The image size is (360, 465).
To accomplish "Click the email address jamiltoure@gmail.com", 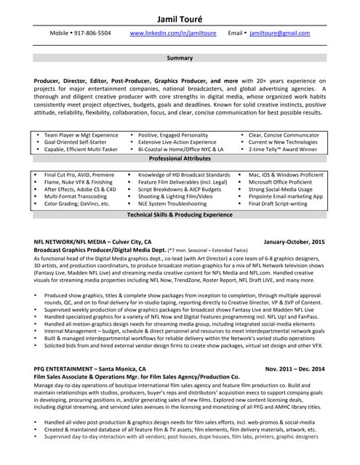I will point(279,33).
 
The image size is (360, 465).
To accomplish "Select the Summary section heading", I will point(180,57).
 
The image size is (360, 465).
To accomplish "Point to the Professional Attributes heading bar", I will point(180,158).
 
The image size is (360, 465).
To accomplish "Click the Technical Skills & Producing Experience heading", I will point(180,215).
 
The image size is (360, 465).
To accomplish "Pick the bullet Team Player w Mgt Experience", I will point(81,135).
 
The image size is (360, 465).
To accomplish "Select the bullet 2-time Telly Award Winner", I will point(283,149).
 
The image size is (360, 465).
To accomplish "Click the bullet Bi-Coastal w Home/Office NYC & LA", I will point(181,149).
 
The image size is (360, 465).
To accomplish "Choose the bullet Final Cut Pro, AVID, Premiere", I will point(79,175).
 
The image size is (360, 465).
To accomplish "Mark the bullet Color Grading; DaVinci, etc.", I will point(77,204).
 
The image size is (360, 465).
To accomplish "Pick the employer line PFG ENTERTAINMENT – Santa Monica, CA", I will point(90,368).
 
